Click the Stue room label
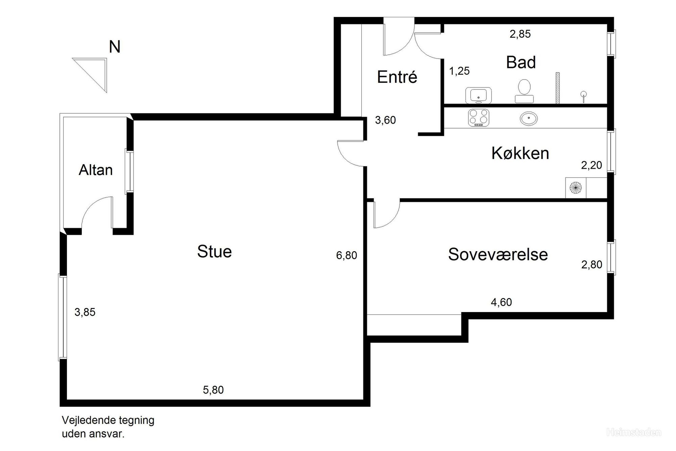pyautogui.click(x=214, y=252)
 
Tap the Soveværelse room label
pyautogui.click(x=498, y=254)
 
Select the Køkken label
pyautogui.click(x=520, y=153)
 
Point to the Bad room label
pyautogui.click(x=521, y=63)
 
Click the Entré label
pyautogui.click(x=397, y=77)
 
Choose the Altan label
pyautogui.click(x=96, y=170)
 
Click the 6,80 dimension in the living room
pyautogui.click(x=346, y=255)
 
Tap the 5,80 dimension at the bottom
pyautogui.click(x=213, y=390)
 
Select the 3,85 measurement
pyautogui.click(x=85, y=312)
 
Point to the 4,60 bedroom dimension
pyautogui.click(x=501, y=302)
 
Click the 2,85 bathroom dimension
pyautogui.click(x=520, y=34)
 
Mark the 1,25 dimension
pyautogui.click(x=459, y=71)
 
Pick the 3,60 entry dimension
pyautogui.click(x=385, y=120)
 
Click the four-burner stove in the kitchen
pyautogui.click(x=479, y=118)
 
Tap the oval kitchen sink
pyautogui.click(x=529, y=119)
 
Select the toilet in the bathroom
pyautogui.click(x=524, y=91)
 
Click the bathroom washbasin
pyautogui.click(x=479, y=95)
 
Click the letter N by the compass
pyautogui.click(x=115, y=47)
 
